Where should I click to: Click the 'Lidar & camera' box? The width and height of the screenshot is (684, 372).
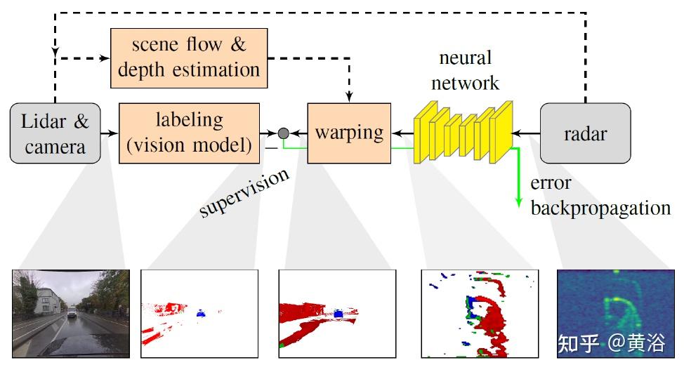click(55, 133)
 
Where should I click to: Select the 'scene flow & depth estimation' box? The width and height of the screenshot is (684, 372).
click(189, 58)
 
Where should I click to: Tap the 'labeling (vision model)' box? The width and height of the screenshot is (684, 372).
click(189, 133)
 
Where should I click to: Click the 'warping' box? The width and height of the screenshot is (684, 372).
click(349, 133)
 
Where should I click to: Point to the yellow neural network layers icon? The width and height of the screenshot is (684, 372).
click(463, 132)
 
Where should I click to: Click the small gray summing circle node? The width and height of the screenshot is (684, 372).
click(284, 133)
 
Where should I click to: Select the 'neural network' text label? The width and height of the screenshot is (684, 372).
click(465, 69)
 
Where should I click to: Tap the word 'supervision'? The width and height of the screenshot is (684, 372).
click(244, 192)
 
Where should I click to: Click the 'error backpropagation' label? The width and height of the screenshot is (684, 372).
click(600, 196)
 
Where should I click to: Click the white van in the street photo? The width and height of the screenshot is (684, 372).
click(72, 312)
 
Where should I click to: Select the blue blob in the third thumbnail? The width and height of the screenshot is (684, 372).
click(339, 313)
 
